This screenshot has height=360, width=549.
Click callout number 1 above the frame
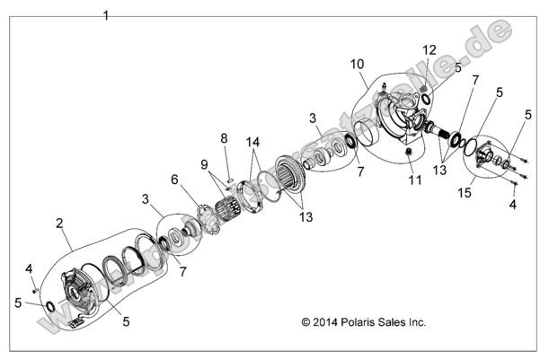[106, 15]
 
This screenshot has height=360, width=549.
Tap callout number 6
[173, 179]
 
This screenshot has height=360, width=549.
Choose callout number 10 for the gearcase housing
[357, 64]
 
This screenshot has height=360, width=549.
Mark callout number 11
[413, 180]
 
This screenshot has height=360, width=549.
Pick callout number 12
[429, 49]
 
